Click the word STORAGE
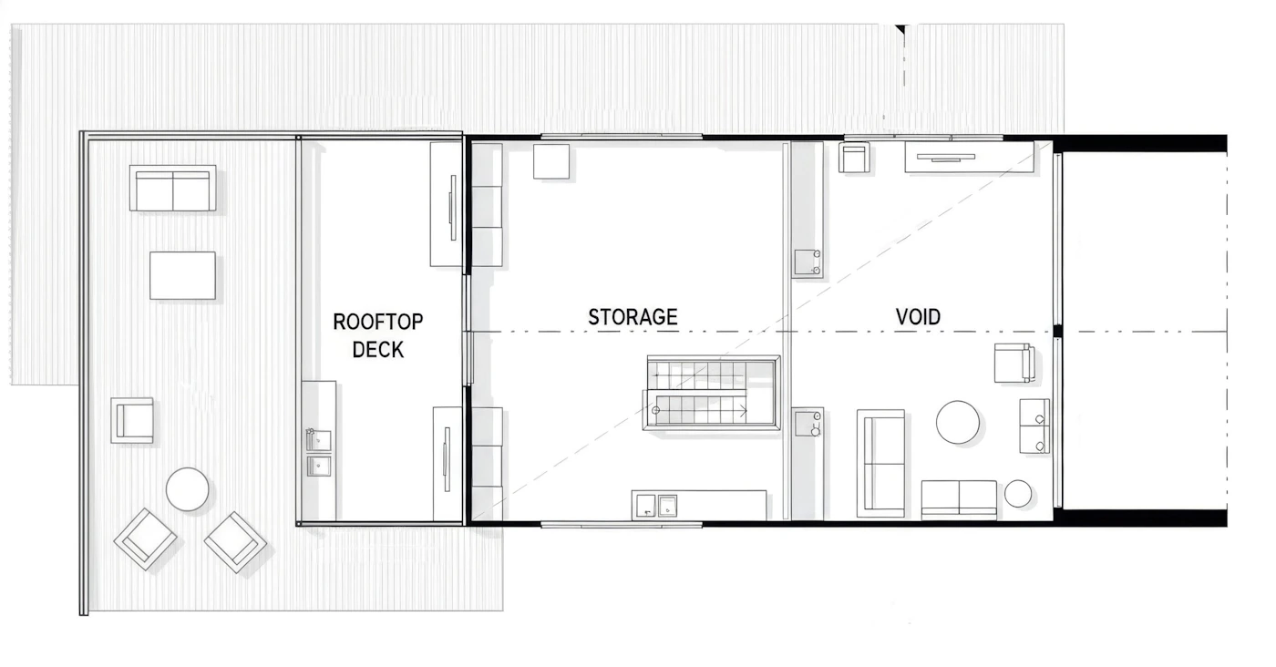[633, 317]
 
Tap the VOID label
[918, 317]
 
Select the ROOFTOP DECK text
[377, 335]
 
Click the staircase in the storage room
[712, 393]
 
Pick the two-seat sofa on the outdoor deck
[172, 189]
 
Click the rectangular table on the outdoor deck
[183, 275]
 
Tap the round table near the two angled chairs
[188, 489]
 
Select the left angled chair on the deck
[145, 539]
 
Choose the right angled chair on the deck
[235, 542]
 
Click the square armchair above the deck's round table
[132, 420]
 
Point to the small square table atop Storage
[551, 162]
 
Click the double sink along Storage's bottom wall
[656, 505]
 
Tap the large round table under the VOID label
[958, 422]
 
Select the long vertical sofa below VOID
[880, 463]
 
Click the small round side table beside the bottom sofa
[1018, 493]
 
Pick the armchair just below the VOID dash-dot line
[1014, 363]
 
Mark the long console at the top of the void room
[970, 158]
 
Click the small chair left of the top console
[855, 158]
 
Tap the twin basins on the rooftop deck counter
[319, 453]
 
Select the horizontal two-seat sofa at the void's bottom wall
[959, 499]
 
